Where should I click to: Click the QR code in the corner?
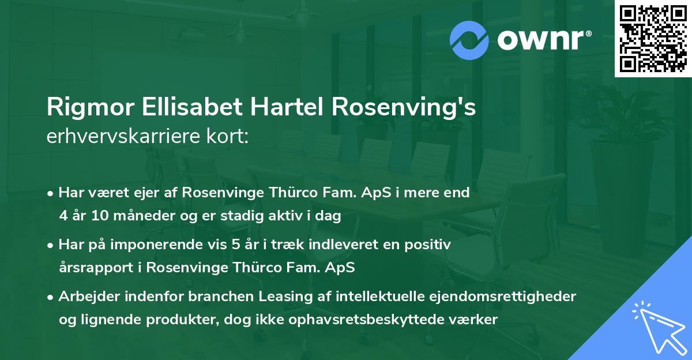(653, 39)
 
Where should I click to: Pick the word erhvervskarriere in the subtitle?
(119, 137)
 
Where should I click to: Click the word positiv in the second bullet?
(430, 245)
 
